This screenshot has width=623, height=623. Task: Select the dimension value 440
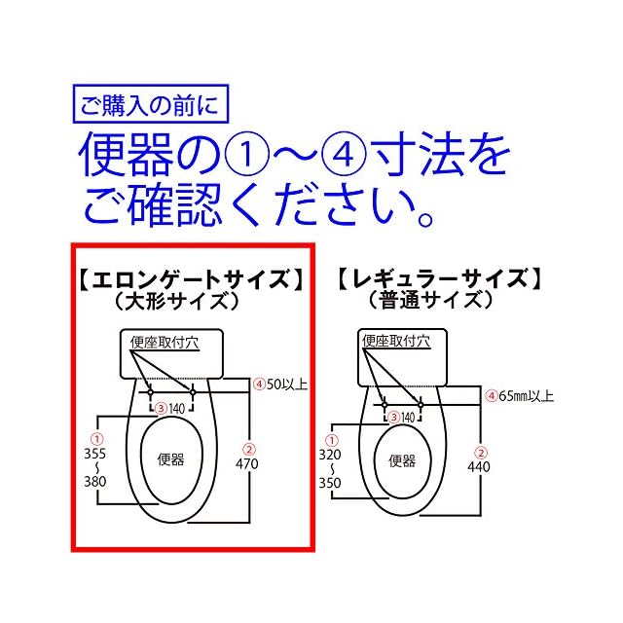point(478,466)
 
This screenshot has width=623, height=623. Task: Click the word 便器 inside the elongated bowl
point(170,459)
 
